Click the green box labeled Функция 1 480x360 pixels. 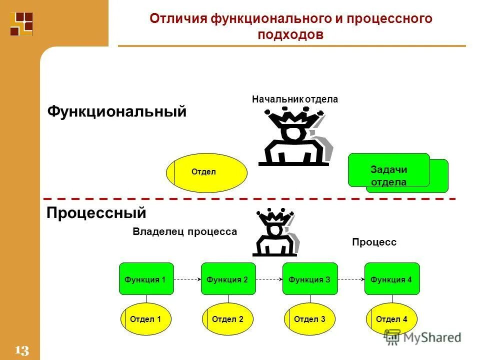pyautogui.click(x=146, y=279)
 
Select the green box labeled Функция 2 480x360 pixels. pyautogui.click(x=228, y=279)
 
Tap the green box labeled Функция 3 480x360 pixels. pyautogui.click(x=310, y=279)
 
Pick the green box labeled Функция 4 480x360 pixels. pyautogui.click(x=392, y=279)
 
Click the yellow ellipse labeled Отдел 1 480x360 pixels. pyautogui.click(x=146, y=319)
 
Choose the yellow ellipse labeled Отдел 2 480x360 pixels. pyautogui.click(x=228, y=319)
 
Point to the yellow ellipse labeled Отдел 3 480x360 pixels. pyautogui.click(x=310, y=319)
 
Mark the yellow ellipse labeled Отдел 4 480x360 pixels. pyautogui.click(x=392, y=319)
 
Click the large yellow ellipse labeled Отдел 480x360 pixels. pyautogui.click(x=206, y=172)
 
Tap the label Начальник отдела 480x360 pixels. pyautogui.click(x=295, y=99)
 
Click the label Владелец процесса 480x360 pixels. pyautogui.click(x=184, y=232)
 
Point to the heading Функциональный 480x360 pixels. pyautogui.click(x=116, y=111)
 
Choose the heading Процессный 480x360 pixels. pyautogui.click(x=96, y=213)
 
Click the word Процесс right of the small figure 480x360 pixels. pyautogui.click(x=374, y=242)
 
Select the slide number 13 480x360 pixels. pyautogui.click(x=22, y=350)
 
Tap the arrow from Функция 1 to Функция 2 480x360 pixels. pyautogui.click(x=187, y=279)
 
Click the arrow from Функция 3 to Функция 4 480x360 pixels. pyautogui.click(x=351, y=279)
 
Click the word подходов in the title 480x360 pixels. pyautogui.click(x=291, y=35)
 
